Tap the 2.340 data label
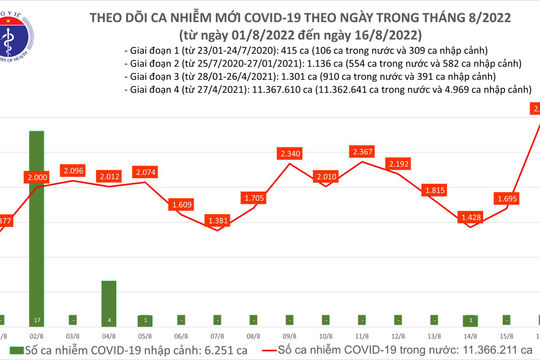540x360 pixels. coord(292,153)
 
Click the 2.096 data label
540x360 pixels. coord(77,170)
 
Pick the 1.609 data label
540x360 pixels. coord(182,204)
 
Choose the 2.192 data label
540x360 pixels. coord(398,164)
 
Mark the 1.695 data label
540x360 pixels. coord(505,198)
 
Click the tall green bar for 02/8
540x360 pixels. coord(36,220)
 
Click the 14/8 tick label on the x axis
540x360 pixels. coord(469,337)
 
